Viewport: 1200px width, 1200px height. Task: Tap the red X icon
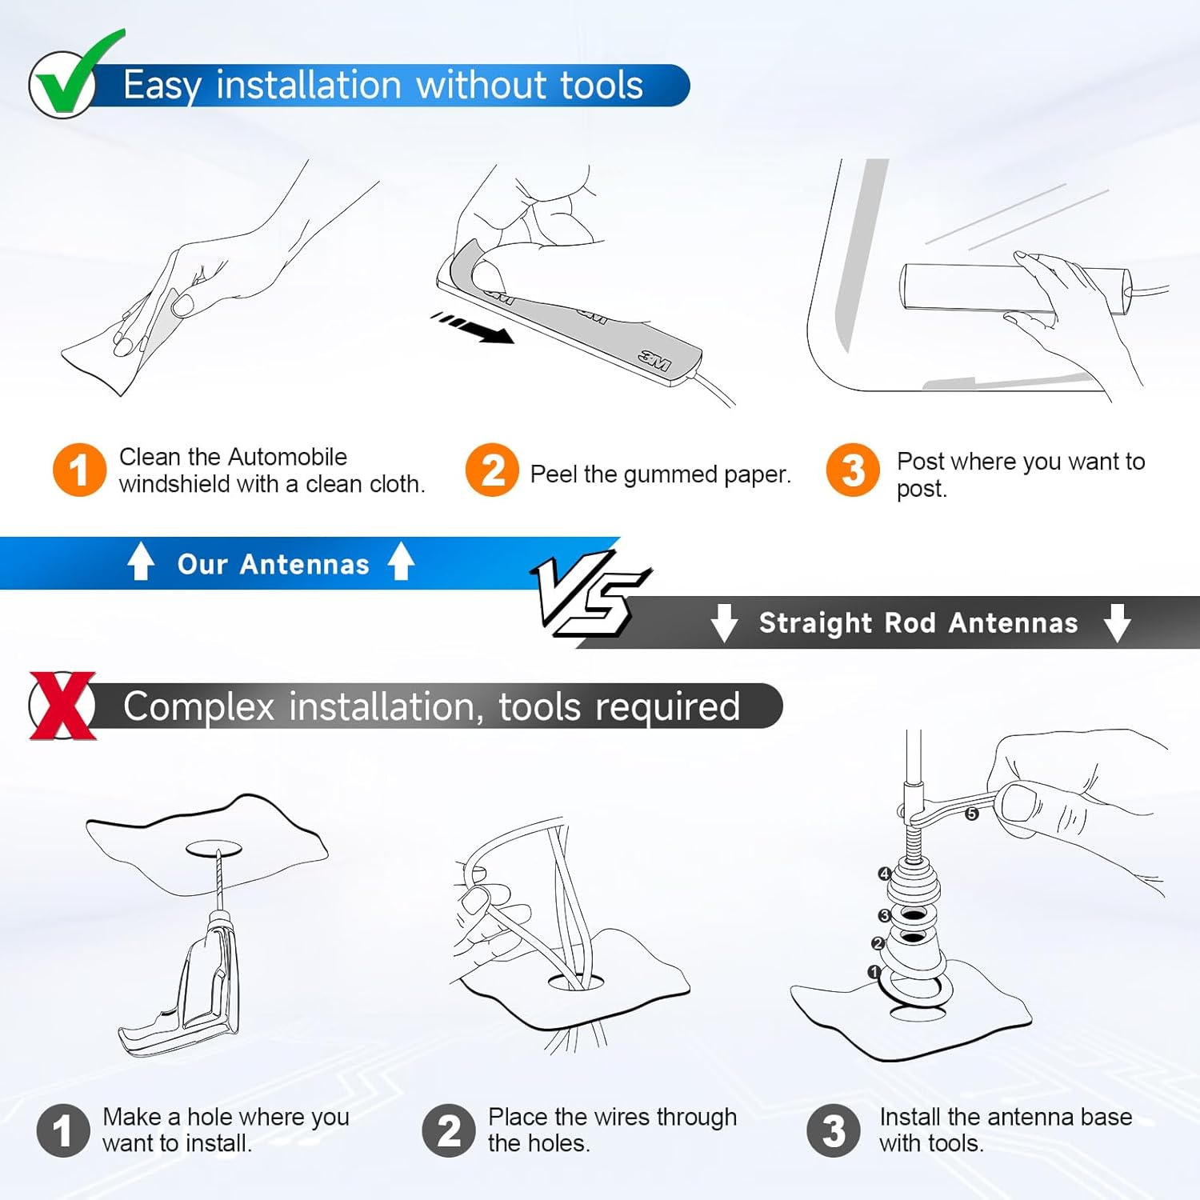62,706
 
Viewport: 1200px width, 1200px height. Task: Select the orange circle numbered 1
79,470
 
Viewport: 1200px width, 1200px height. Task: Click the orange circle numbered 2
492,470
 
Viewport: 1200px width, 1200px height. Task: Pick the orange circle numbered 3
853,470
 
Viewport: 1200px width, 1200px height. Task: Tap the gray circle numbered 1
63,1130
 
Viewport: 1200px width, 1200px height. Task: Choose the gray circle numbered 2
449,1130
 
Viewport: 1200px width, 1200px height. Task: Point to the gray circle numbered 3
834,1130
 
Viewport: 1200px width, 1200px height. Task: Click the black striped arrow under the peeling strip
472,328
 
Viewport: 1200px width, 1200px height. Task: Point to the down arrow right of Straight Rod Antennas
1117,623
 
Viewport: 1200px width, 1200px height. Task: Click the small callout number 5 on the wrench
971,814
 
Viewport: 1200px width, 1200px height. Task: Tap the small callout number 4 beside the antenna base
884,874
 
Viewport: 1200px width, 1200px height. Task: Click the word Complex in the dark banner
198,707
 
